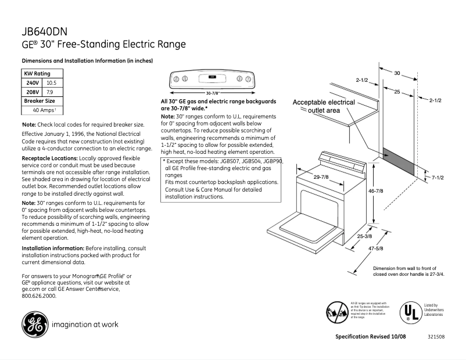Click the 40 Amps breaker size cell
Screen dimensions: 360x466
pyautogui.click(x=44, y=110)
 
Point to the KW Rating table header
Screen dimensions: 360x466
pyautogui.click(x=37, y=74)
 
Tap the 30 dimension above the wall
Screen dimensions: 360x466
pyautogui.click(x=397, y=73)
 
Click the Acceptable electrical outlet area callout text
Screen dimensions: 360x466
pyautogui.click(x=324, y=106)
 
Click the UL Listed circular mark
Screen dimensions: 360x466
pyautogui.click(x=409, y=313)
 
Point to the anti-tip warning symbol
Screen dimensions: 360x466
pyautogui.click(x=336, y=313)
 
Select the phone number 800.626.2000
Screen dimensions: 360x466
pyautogui.click(x=38, y=296)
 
